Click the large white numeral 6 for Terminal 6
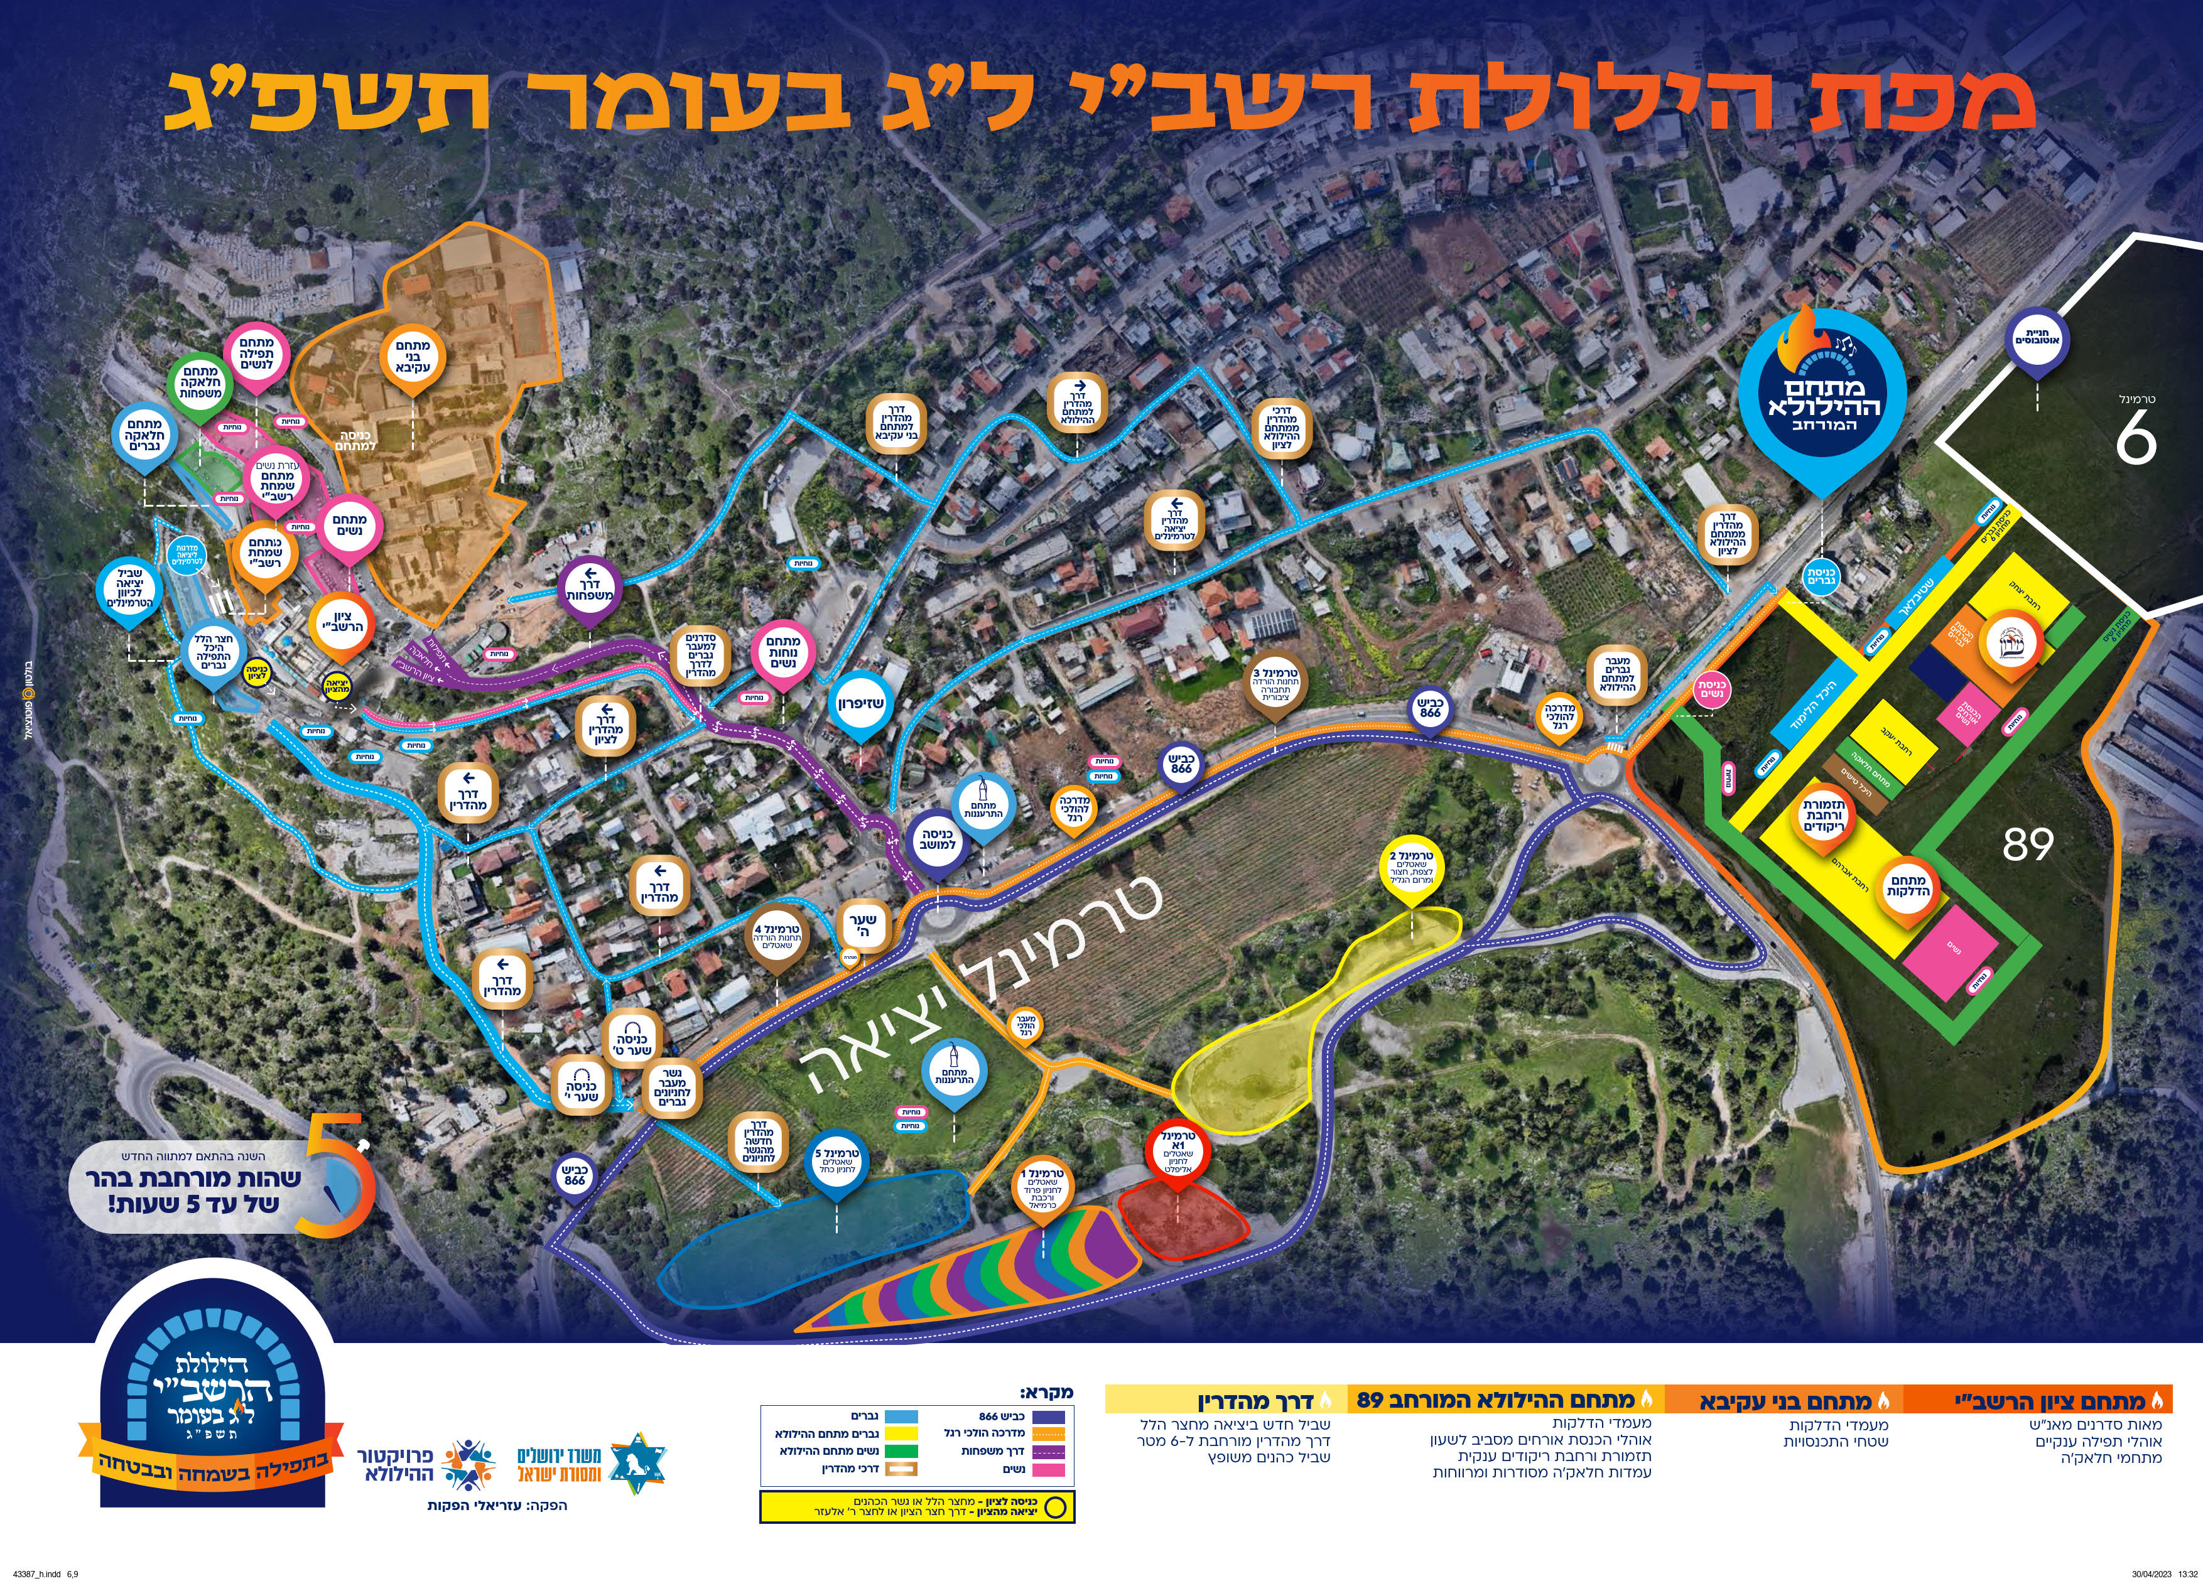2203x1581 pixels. point(2135,441)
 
